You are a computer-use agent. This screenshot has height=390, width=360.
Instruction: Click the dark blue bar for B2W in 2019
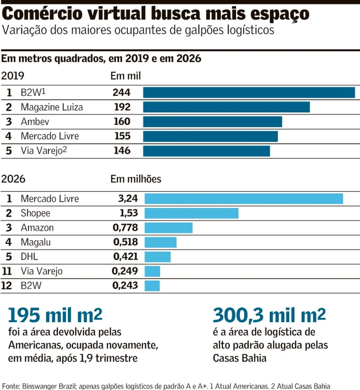[249, 92]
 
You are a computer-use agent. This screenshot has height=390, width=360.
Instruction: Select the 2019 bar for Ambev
[212, 121]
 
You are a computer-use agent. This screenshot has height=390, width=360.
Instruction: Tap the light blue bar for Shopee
[191, 213]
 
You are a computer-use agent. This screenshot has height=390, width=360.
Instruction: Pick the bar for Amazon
[169, 228]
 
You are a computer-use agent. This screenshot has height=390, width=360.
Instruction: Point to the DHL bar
[158, 257]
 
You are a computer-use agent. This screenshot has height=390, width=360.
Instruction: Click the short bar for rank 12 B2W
[152, 286]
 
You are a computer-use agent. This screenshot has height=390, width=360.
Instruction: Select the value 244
[121, 92]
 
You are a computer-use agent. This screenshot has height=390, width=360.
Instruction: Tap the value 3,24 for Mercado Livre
[128, 198]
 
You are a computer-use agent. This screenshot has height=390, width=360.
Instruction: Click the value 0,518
[126, 242]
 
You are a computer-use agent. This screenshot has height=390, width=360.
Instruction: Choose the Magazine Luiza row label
[52, 107]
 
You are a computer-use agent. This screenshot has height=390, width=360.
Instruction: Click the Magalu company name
[36, 242]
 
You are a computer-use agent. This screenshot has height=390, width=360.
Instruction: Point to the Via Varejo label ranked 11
[42, 271]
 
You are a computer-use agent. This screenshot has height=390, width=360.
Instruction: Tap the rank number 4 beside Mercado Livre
[8, 136]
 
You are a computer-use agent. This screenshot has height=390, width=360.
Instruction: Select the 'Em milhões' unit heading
[136, 179]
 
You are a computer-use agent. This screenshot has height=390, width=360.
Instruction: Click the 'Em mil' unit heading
[126, 76]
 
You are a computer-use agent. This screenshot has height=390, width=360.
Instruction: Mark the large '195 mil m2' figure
[55, 315]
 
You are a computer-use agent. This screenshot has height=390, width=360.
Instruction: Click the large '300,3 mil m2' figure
[269, 315]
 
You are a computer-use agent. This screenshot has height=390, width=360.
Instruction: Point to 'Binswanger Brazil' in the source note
[49, 386]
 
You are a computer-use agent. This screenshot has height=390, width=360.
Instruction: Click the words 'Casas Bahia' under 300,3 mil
[240, 358]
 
